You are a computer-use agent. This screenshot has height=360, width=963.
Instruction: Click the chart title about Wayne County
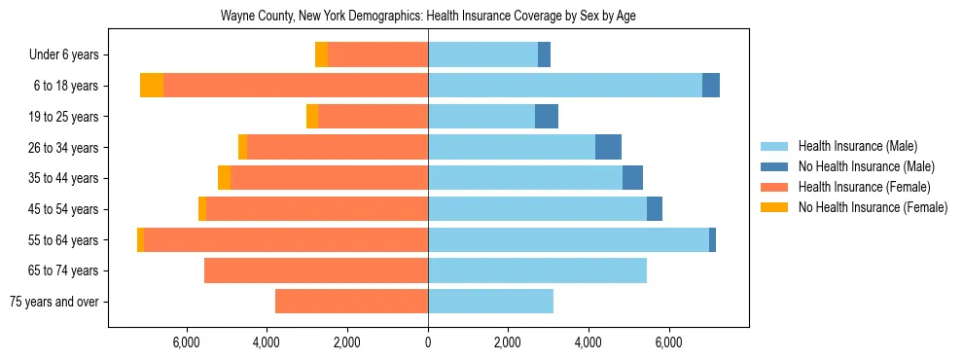428,17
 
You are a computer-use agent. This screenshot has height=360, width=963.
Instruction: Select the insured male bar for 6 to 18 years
564,86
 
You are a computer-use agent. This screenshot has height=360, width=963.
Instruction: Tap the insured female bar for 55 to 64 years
286,239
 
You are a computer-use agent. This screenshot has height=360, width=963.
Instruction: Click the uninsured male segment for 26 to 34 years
608,147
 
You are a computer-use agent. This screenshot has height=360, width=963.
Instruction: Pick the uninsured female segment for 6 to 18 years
152,86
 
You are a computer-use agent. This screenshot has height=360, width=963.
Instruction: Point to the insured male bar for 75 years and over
490,302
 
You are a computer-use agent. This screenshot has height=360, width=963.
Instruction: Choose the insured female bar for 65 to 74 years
316,270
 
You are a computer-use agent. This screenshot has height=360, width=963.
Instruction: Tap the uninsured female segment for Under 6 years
321,54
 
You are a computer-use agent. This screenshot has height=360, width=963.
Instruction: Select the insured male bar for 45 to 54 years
537,209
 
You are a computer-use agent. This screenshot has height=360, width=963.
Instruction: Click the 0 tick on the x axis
428,342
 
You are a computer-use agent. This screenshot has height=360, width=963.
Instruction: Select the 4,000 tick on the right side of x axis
588,342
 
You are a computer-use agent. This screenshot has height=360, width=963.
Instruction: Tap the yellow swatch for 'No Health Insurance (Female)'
775,207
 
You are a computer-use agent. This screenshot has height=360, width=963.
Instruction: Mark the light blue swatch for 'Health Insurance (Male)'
775,146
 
